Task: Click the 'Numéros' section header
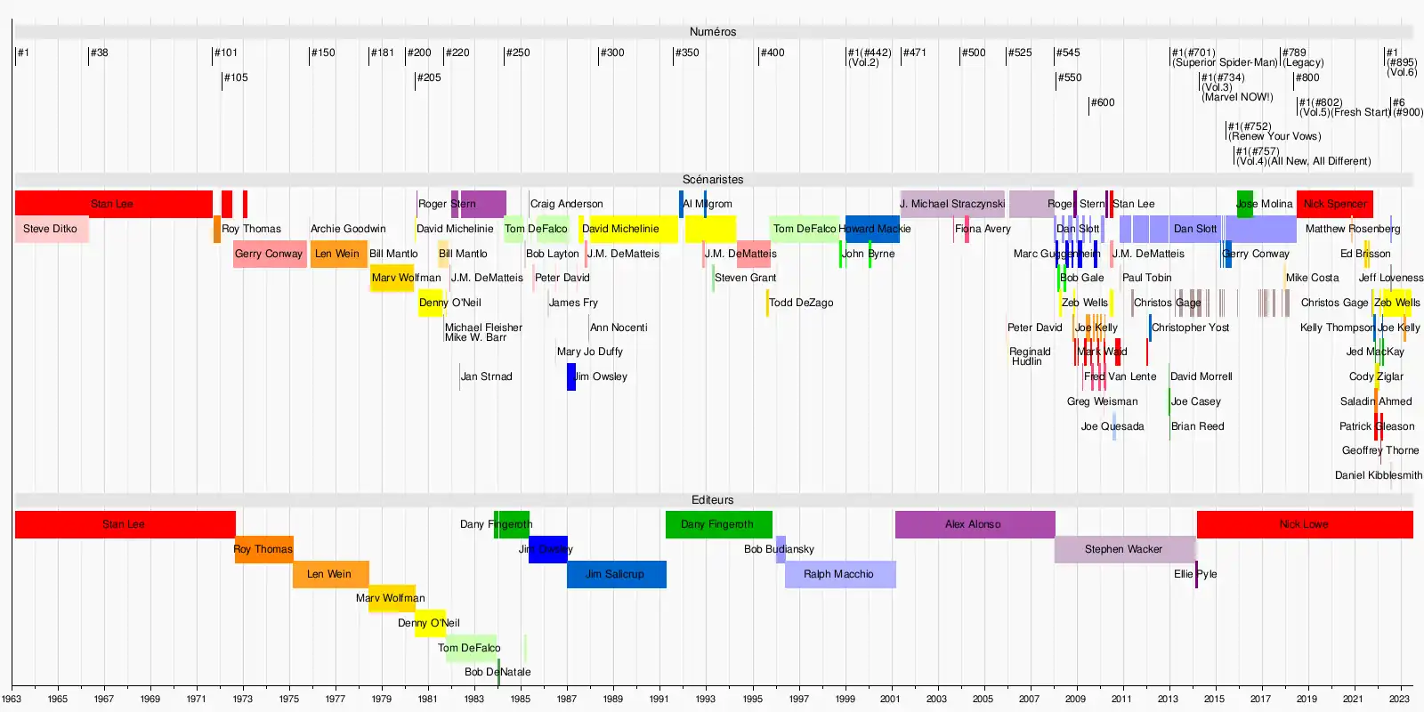(x=713, y=32)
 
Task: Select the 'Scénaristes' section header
(x=713, y=180)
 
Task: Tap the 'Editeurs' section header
(x=713, y=500)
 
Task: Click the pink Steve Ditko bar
(x=51, y=230)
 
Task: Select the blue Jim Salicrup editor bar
(x=616, y=574)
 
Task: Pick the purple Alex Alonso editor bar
(x=974, y=524)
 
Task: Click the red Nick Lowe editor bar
(x=1304, y=524)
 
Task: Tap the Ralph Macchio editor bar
(x=839, y=574)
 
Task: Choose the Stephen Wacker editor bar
(x=1124, y=549)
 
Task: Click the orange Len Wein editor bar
(x=330, y=574)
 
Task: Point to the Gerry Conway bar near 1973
(x=270, y=254)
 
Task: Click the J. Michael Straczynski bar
(x=951, y=204)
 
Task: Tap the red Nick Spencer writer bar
(x=1334, y=204)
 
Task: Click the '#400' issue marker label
(x=773, y=53)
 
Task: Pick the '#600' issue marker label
(x=1103, y=103)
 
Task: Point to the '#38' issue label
(x=99, y=53)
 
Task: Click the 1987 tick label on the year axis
(x=567, y=700)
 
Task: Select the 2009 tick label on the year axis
(x=1075, y=700)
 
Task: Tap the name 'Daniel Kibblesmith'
(x=1378, y=476)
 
